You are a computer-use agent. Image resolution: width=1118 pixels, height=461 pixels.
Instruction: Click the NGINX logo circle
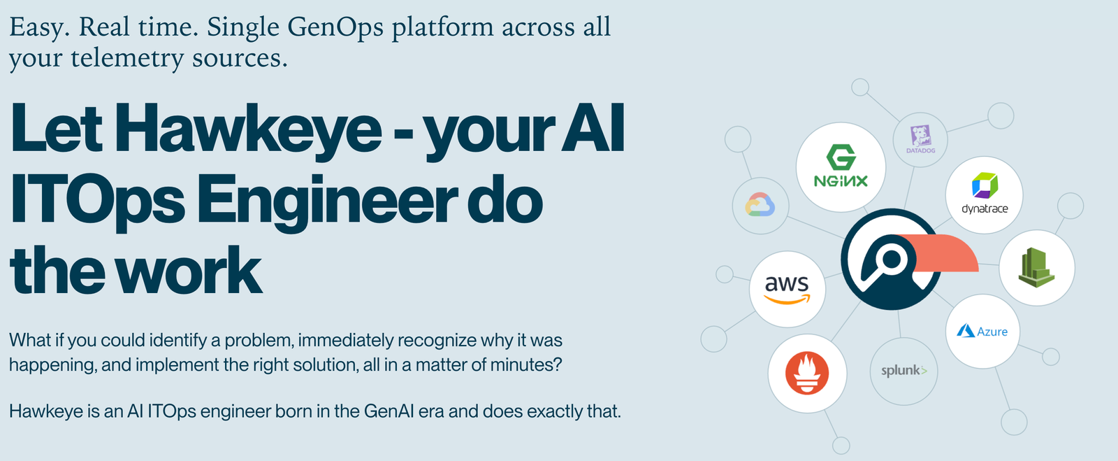pyautogui.click(x=841, y=167)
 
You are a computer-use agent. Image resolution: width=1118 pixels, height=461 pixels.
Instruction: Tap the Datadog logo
pyautogui.click(x=920, y=139)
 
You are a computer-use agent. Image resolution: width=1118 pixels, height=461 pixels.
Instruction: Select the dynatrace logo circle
pyautogui.click(x=984, y=194)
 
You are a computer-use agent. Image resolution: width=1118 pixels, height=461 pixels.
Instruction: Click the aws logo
pyautogui.click(x=787, y=289)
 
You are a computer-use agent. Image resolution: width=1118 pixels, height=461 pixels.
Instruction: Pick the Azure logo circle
pyautogui.click(x=982, y=331)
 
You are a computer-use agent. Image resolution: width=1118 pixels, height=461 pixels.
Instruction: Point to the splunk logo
pyautogui.click(x=903, y=371)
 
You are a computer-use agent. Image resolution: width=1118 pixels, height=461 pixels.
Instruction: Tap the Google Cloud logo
pyautogui.click(x=760, y=205)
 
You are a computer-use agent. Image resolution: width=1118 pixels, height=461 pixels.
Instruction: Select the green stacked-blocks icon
pyautogui.click(x=1036, y=267)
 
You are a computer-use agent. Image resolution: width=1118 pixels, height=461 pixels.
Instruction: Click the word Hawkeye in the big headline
pyautogui.click(x=248, y=129)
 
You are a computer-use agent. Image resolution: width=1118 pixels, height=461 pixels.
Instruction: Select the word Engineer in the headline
pyautogui.click(x=326, y=201)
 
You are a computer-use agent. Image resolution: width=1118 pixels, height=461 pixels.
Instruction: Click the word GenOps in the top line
pyautogui.click(x=335, y=27)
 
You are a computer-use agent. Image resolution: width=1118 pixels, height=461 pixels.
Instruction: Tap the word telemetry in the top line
pyautogui.click(x=126, y=58)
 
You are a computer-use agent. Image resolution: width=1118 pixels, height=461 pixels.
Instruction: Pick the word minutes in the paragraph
pyautogui.click(x=521, y=364)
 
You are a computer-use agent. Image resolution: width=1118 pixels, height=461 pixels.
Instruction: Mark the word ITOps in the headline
pyautogui.click(x=98, y=201)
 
